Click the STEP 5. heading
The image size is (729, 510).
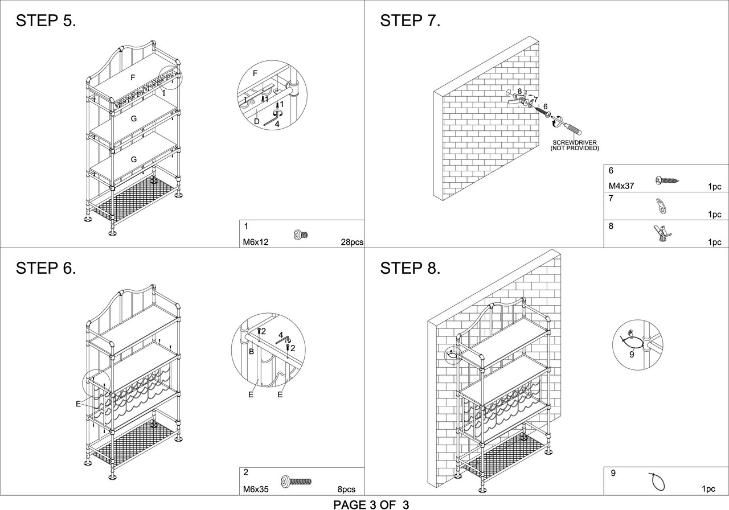point(46,20)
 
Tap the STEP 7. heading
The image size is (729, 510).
point(410,20)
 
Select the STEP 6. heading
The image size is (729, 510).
point(46,268)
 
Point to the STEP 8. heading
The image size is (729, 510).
point(410,268)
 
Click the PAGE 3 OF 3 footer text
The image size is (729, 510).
point(371,504)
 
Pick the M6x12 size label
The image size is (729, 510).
point(256,242)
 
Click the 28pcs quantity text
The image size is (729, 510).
point(352,242)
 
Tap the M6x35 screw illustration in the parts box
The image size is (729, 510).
point(296,481)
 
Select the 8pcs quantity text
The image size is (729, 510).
point(346,489)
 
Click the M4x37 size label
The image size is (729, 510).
point(621,186)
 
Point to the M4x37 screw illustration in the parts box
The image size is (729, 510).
point(667,180)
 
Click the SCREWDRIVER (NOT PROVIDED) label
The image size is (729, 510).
point(575,145)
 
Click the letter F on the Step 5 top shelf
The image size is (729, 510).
point(133,77)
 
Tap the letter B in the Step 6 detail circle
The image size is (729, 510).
point(251,352)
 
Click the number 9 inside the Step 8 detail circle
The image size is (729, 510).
point(632,355)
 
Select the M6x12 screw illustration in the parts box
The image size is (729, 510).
point(301,235)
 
